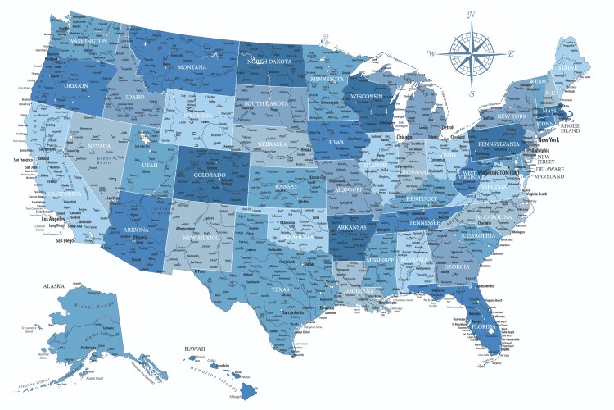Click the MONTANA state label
point(192,66)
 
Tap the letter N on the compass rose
point(472,15)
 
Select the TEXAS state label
point(281,289)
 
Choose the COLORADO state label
point(210,174)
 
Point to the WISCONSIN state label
point(367,96)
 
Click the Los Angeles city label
point(58,220)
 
